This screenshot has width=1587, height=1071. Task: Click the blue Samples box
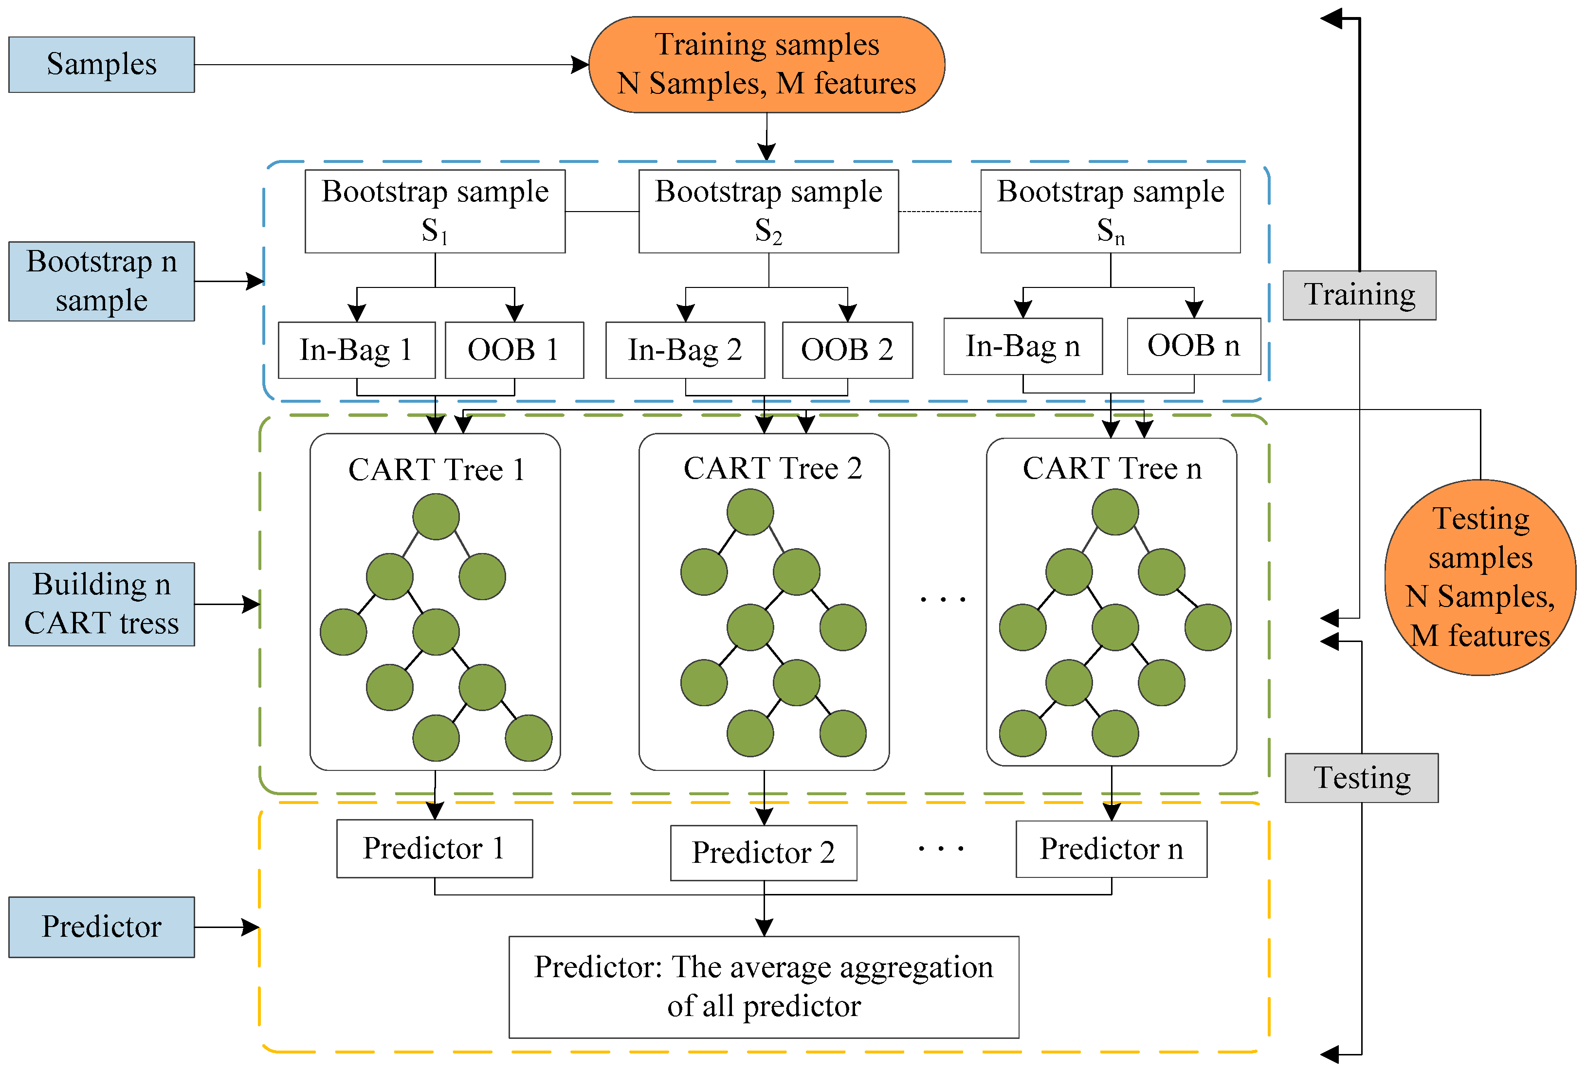pos(101,64)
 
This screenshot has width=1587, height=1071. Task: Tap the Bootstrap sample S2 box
pos(768,211)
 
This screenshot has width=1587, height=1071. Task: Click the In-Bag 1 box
pos(356,350)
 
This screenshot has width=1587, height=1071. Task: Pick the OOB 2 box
pos(847,350)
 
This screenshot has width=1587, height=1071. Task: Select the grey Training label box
pos(1359,295)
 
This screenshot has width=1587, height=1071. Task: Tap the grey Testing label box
pos(1361,778)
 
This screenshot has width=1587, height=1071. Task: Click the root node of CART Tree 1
pos(436,517)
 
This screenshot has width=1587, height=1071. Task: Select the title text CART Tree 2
pos(772,468)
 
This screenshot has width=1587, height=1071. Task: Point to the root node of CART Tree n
pos(1114,512)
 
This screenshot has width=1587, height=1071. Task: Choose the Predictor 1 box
pos(434,848)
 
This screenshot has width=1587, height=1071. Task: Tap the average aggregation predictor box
pos(764,986)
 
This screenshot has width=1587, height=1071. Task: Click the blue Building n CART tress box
pos(101,604)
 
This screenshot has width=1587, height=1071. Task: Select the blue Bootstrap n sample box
pos(101,281)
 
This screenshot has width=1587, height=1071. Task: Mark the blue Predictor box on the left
pos(101,926)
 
